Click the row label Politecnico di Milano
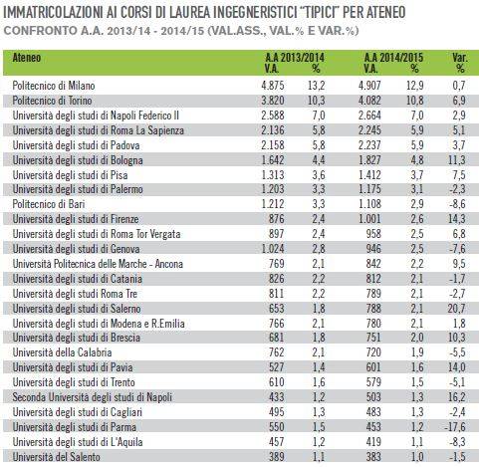pyautogui.click(x=54, y=86)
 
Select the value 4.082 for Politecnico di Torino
pyautogui.click(x=369, y=101)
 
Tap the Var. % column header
pyautogui.click(x=460, y=63)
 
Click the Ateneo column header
pyautogui.click(x=27, y=58)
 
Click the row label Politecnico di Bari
pyautogui.click(x=49, y=204)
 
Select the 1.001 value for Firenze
pyautogui.click(x=369, y=219)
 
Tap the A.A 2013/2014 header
pyautogui.click(x=295, y=58)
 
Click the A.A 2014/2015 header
pyautogui.click(x=393, y=58)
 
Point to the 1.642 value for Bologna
pyautogui.click(x=273, y=160)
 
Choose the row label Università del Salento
pyautogui.click(x=56, y=457)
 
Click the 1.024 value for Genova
pyautogui.click(x=273, y=249)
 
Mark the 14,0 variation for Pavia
pyautogui.click(x=457, y=367)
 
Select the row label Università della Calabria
pyautogui.click(x=62, y=352)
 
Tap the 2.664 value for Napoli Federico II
pyautogui.click(x=369, y=116)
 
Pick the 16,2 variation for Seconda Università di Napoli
pyautogui.click(x=457, y=397)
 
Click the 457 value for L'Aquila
pyautogui.click(x=276, y=442)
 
